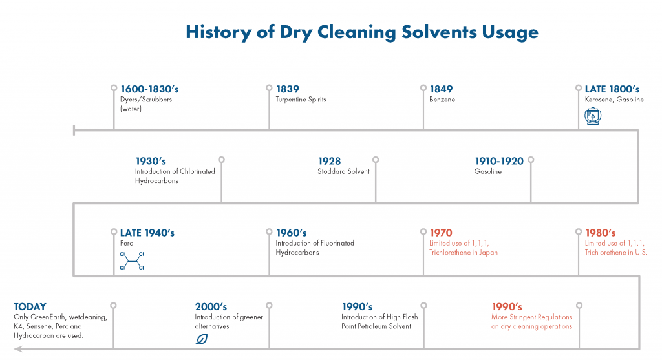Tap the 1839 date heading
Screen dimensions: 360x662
(288, 89)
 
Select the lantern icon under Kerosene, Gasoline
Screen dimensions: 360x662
(592, 116)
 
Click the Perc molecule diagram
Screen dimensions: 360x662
(131, 259)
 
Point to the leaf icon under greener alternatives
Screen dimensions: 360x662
(202, 338)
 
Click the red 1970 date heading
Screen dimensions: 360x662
(440, 233)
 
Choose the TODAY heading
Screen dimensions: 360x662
(30, 306)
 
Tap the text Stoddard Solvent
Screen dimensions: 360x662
(343, 171)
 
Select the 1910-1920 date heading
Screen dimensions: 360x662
(499, 161)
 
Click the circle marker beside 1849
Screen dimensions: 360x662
(424, 87)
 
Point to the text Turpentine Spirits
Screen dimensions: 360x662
(301, 100)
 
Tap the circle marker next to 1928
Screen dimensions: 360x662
(376, 160)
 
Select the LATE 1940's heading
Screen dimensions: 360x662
(147, 233)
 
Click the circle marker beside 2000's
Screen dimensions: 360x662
(269, 305)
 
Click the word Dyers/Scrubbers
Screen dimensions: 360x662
(146, 100)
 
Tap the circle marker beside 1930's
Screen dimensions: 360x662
(222, 160)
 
